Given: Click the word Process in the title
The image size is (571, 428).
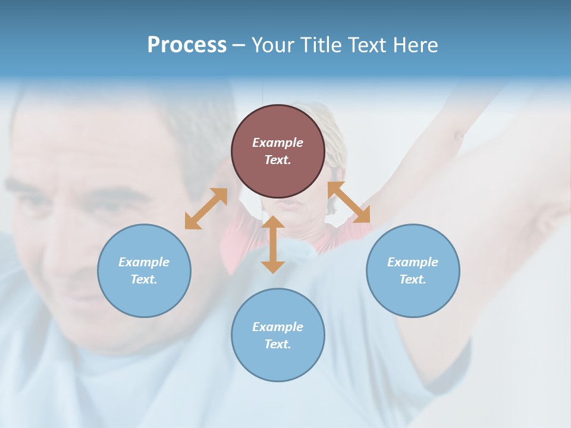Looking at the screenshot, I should point(187,45).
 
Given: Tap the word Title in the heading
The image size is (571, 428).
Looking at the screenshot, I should point(320,45).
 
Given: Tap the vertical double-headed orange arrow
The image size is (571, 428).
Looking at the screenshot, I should point(273,244).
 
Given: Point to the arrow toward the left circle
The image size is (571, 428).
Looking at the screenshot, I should point(206,208).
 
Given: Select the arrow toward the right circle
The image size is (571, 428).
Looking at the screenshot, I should point(349,202).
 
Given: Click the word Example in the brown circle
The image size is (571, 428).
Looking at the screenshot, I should point(278,143).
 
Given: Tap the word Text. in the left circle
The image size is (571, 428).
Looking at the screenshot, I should point(144,279).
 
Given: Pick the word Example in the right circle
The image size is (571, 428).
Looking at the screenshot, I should point(413,262).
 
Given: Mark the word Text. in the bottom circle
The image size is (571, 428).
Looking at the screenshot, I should point(278,344).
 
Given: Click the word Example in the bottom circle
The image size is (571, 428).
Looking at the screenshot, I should point(278,327).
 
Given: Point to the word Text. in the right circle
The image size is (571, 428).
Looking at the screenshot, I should point(413,279).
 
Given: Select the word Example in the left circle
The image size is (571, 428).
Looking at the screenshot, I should point(144,262).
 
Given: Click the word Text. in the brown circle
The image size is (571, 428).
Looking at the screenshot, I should point(278,160).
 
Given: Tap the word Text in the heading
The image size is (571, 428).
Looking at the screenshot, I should point(369,45).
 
